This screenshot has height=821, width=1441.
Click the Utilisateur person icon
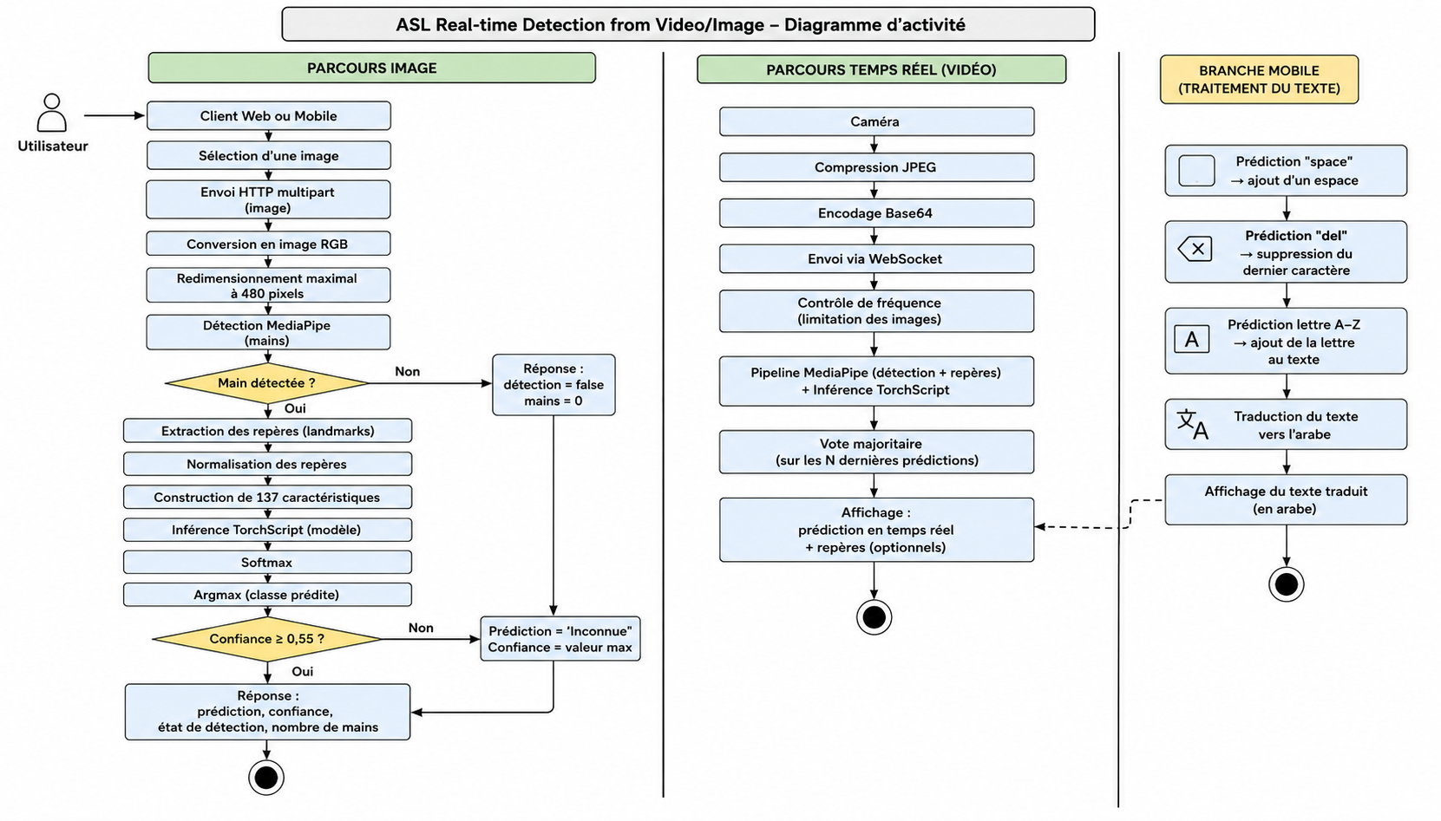click(52, 113)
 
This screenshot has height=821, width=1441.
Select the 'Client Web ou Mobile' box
click(268, 115)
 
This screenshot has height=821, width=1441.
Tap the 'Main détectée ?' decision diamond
click(267, 383)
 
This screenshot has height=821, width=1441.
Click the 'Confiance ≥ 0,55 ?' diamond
click(267, 639)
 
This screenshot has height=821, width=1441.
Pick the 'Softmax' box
click(267, 562)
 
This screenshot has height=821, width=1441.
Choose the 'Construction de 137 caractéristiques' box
click(267, 497)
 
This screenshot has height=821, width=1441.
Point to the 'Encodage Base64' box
click(876, 213)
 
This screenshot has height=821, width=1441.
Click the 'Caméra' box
click(876, 121)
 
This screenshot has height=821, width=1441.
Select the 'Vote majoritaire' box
click(876, 452)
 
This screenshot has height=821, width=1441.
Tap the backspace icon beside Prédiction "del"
click(1195, 249)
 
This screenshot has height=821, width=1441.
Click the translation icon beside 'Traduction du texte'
click(1193, 424)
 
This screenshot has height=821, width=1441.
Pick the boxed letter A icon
click(1191, 339)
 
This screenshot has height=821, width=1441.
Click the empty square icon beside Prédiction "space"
click(1196, 171)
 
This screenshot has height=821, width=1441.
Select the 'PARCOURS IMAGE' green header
click(372, 68)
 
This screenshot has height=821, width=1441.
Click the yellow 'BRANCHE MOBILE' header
click(1259, 79)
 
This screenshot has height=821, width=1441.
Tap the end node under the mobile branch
click(1286, 584)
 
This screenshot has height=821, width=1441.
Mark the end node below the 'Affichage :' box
click(874, 617)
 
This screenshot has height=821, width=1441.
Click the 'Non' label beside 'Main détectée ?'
click(407, 371)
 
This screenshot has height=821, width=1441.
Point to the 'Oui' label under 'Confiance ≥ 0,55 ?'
click(303, 671)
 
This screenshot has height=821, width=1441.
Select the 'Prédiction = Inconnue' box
click(560, 639)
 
